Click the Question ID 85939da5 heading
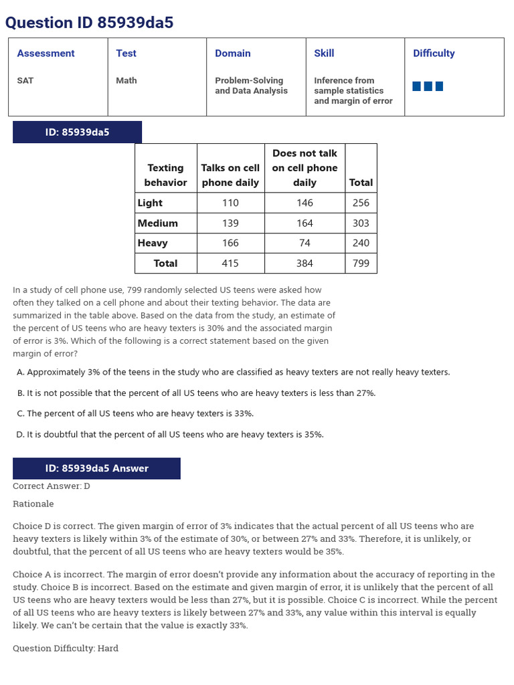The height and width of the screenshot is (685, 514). pos(89,23)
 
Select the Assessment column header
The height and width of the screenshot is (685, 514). pos(46,54)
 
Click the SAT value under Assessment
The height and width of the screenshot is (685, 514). pos(25,80)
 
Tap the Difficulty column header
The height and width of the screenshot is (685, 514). pos(434,54)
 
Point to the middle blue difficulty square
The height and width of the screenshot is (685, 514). pos(428,86)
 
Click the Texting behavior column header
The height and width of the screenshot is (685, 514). pos(165,175)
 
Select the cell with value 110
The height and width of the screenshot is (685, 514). pos(230,203)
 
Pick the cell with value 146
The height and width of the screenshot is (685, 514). pos(305,203)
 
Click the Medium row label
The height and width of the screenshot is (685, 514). pos(158,223)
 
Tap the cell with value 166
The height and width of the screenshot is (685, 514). pos(230,243)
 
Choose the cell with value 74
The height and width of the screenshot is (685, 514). pos(305,243)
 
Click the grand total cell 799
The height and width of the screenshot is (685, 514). pos(361,264)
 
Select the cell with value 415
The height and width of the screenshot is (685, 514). pos(230,264)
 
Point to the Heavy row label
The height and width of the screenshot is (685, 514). pos(153,243)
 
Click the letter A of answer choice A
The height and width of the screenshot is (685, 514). pos(20,373)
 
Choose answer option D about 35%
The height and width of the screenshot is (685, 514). pos(170,435)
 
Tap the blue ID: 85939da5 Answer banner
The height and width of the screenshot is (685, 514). pos(96,468)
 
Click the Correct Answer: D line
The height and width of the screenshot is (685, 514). pos(52,486)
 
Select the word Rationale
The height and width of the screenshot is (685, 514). pos(33,504)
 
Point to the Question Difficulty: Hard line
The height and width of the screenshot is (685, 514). pos(66,648)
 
